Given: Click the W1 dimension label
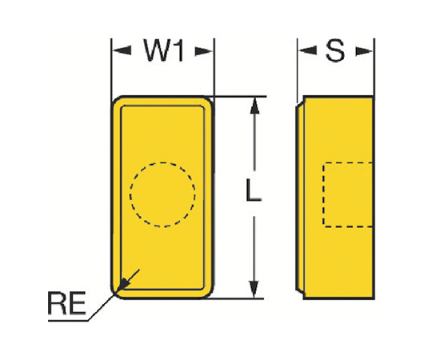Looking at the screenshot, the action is pyautogui.click(x=164, y=50).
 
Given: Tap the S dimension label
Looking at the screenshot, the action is pyautogui.click(x=335, y=50).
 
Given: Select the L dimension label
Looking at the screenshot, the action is pyautogui.click(x=253, y=190).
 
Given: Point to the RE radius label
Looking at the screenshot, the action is pyautogui.click(x=67, y=303).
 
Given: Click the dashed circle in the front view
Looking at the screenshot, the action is pyautogui.click(x=162, y=162).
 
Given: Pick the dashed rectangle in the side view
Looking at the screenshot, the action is pyautogui.click(x=323, y=194).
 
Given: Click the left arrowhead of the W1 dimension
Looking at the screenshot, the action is pyautogui.click(x=122, y=50).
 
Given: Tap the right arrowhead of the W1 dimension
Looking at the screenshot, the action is pyautogui.click(x=204, y=51).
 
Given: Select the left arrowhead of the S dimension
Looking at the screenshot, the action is pyautogui.click(x=307, y=50).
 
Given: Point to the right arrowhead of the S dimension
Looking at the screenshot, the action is pyautogui.click(x=364, y=51).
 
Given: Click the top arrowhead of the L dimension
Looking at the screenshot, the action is pyautogui.click(x=254, y=106).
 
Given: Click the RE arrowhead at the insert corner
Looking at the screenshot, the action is pyautogui.click(x=122, y=285).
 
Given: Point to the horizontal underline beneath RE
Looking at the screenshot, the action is pyautogui.click(x=68, y=321).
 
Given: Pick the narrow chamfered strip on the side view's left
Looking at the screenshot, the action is pyautogui.click(x=300, y=198).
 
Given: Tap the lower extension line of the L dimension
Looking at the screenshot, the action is pyautogui.click(x=236, y=298).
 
